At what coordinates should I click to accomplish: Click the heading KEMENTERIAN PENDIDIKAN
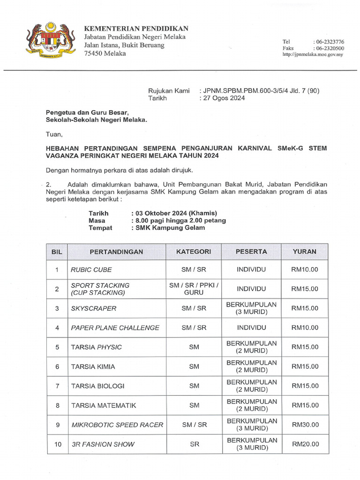coord(136,29)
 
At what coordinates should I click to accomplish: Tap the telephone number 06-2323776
coord(329,42)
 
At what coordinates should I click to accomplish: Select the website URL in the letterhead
coord(313,54)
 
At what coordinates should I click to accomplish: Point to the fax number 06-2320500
coord(329,48)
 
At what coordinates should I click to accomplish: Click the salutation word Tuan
coord(54,135)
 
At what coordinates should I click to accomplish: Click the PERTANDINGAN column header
coord(116,252)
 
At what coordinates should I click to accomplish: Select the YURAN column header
coord(304,252)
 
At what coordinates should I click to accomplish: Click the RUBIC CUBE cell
coord(91,270)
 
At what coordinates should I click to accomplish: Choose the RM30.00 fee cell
coord(305,425)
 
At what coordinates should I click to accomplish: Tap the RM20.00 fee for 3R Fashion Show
coord(305,444)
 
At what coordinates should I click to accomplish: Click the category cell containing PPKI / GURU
coord(194,289)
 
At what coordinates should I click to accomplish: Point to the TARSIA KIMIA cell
coord(93,367)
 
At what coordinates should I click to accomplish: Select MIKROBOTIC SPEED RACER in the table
coord(117,425)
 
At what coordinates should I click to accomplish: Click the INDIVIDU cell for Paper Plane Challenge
coord(251,328)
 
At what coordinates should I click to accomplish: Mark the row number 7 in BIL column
coord(57,386)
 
